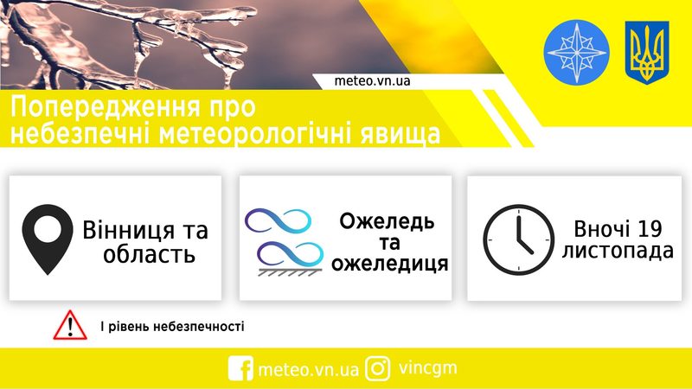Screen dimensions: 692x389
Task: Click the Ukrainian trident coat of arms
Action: pyautogui.click(x=647, y=53)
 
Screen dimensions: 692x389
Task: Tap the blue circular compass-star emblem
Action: pyautogui.click(x=576, y=52)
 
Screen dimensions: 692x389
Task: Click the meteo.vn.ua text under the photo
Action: pyautogui.click(x=372, y=81)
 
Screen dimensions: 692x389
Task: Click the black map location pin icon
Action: pyautogui.click(x=48, y=239)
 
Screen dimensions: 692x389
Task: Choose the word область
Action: pyautogui.click(x=149, y=254)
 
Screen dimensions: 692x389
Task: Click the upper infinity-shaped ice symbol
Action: pyautogui.click(x=278, y=220)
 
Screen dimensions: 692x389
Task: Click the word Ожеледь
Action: pyautogui.click(x=387, y=221)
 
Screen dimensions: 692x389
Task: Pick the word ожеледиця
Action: pyautogui.click(x=390, y=264)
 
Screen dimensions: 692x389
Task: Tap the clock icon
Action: pyautogui.click(x=518, y=239)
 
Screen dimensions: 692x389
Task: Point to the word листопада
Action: pyautogui.click(x=618, y=251)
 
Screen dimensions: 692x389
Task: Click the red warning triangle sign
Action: pyautogui.click(x=70, y=326)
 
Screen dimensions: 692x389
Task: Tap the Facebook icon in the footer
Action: pyautogui.click(x=240, y=368)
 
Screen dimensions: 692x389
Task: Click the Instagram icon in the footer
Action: pyautogui.click(x=378, y=368)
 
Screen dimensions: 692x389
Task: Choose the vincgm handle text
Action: pyautogui.click(x=427, y=368)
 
